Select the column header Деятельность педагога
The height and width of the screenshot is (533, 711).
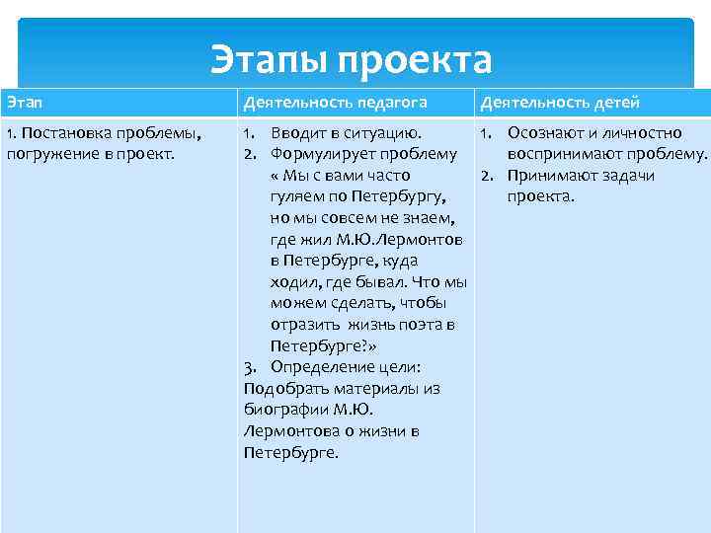click(x=328, y=103)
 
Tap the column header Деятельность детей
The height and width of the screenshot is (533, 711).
click(x=560, y=103)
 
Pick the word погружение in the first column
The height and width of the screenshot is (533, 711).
click(x=47, y=154)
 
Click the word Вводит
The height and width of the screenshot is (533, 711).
click(x=296, y=132)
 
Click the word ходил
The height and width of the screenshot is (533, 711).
click(x=294, y=281)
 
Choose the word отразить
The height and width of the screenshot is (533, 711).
click(x=303, y=325)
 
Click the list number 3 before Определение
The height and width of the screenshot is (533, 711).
click(x=250, y=367)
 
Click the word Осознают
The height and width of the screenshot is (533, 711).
click(x=545, y=132)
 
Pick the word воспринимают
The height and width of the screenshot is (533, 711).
click(x=568, y=154)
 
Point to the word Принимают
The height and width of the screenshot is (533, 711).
click(x=553, y=176)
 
